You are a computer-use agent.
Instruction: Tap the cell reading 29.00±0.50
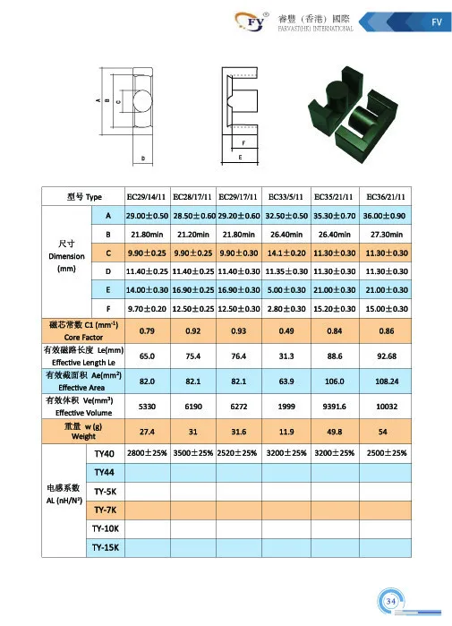(x=149, y=216)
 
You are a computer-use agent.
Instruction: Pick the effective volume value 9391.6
(x=337, y=406)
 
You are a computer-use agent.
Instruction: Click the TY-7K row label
(x=104, y=509)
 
